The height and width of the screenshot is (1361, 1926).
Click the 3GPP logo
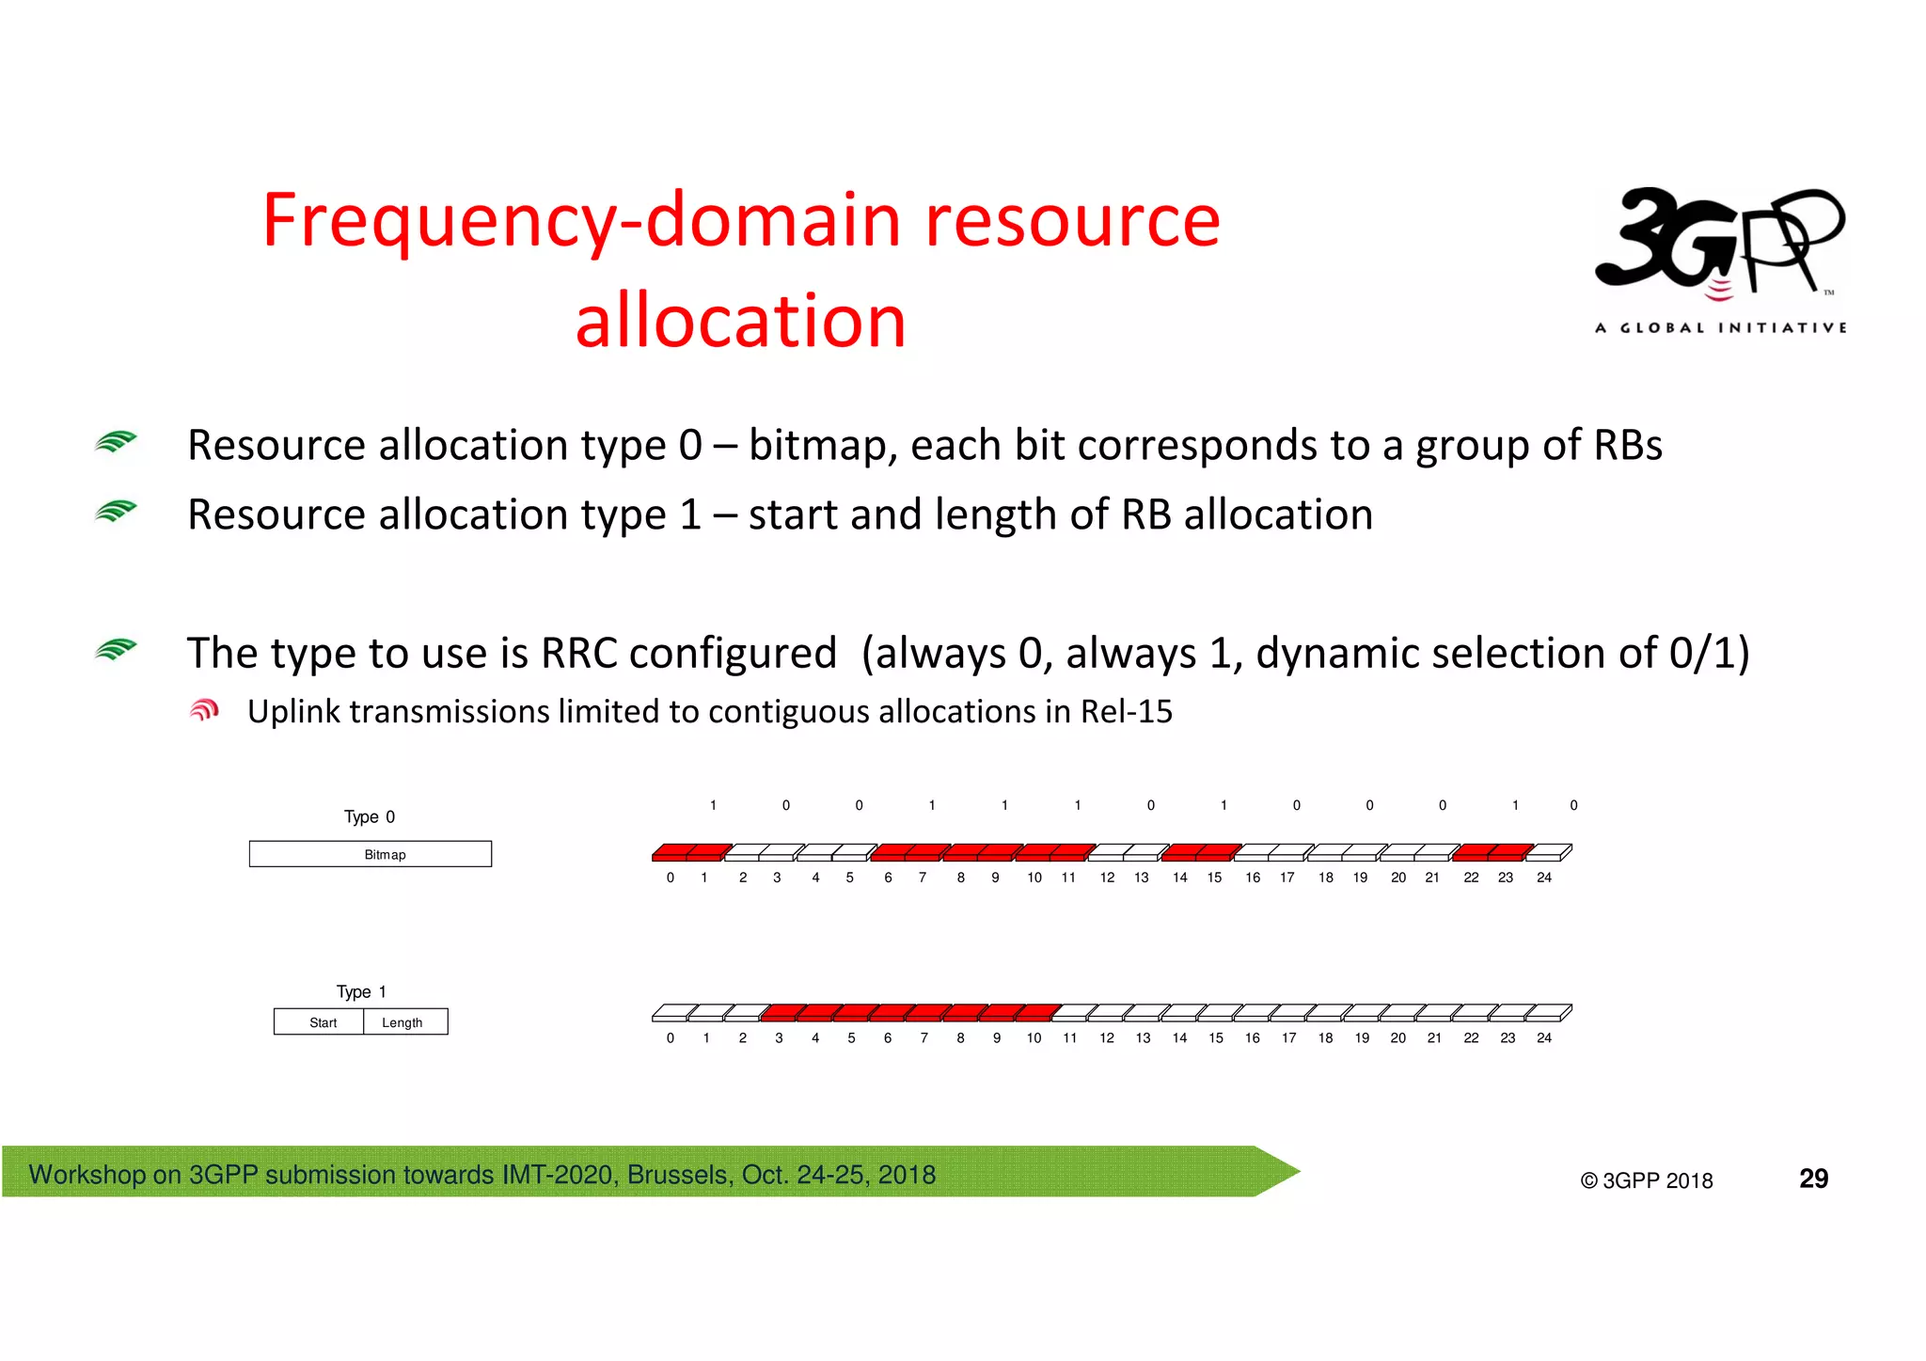pyautogui.click(x=1720, y=246)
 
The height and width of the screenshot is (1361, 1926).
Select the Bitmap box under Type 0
pyautogui.click(x=370, y=854)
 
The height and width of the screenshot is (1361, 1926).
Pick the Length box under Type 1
pyautogui.click(x=404, y=1022)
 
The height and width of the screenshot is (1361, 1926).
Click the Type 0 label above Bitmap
pyautogui.click(x=369, y=816)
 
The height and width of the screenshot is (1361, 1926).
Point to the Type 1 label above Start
pyautogui.click(x=361, y=991)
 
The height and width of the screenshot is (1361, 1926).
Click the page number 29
pyautogui.click(x=1812, y=1179)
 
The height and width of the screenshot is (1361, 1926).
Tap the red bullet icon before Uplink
pyautogui.click(x=204, y=711)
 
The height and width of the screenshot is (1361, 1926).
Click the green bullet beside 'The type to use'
pyautogui.click(x=116, y=650)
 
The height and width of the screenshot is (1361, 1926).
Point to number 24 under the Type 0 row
pyautogui.click(x=1543, y=878)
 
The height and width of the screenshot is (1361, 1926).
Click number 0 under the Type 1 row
pyautogui.click(x=670, y=1038)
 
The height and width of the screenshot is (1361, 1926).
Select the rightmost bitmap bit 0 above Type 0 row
pyautogui.click(x=1573, y=805)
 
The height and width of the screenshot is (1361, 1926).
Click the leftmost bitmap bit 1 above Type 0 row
pyautogui.click(x=713, y=805)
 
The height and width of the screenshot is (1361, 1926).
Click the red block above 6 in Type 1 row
pyautogui.click(x=890, y=1013)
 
